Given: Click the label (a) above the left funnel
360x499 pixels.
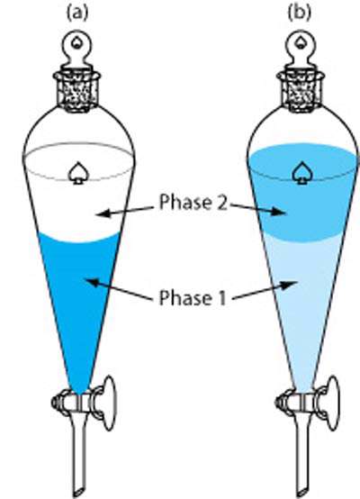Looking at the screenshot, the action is click(77, 14).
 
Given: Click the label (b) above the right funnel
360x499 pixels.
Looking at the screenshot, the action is click(300, 14).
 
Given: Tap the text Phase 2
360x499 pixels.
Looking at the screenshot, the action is click(193, 202).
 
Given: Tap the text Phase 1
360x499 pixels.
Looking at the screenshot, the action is click(193, 298).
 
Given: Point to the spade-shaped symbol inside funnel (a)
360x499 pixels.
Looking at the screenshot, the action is click(77, 172).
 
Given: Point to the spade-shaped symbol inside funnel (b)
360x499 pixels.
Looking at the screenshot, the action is click(301, 172).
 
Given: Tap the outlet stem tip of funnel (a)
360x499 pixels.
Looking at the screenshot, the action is click(79, 494).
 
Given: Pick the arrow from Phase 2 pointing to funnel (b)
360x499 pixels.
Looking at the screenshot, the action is click(257, 209).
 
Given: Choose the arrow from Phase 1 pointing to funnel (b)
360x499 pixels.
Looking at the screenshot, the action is click(265, 291).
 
